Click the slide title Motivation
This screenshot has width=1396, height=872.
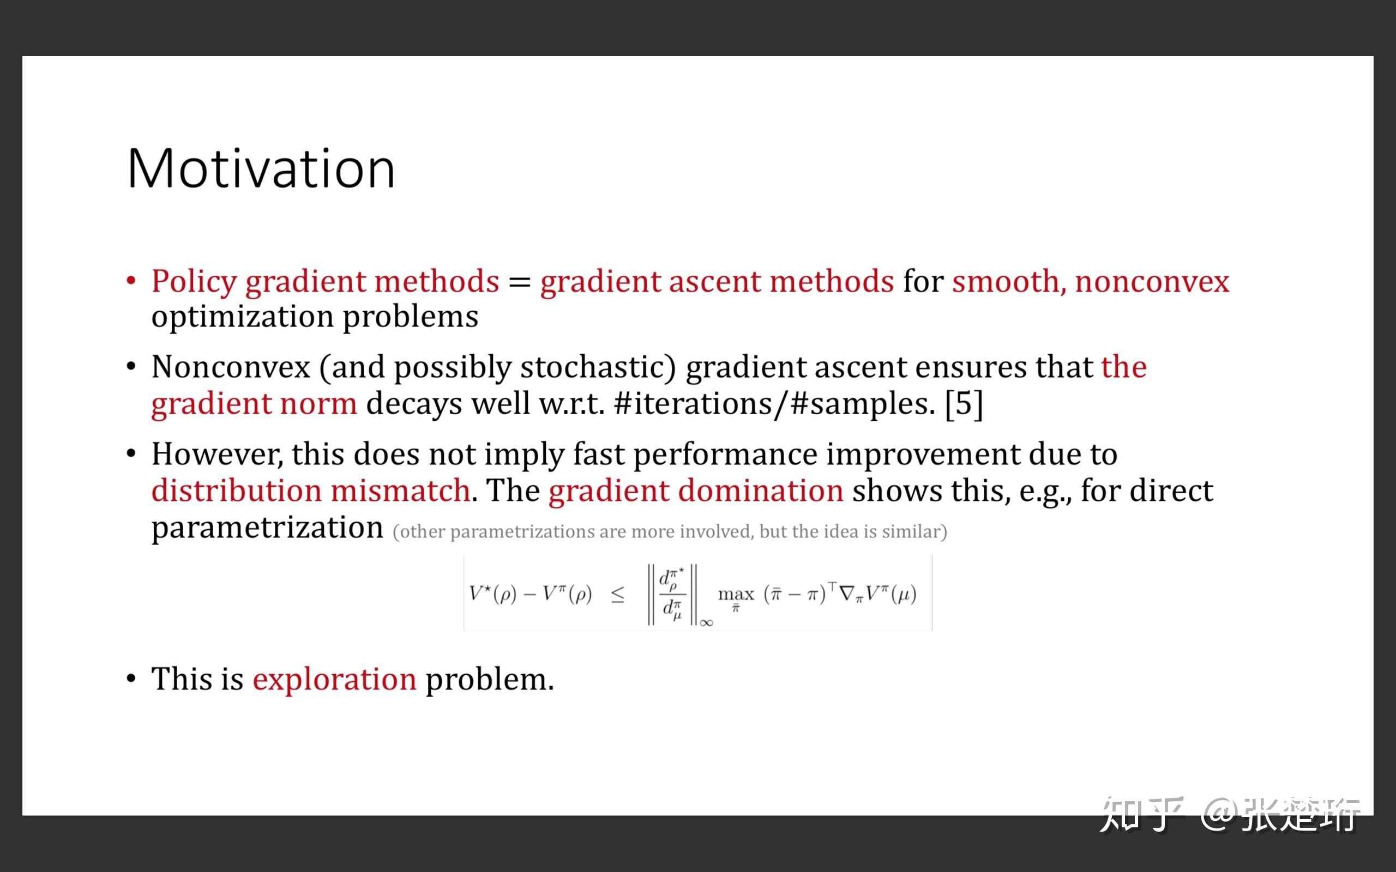(261, 168)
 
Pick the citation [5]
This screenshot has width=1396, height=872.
(964, 403)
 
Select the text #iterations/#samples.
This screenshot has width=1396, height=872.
(775, 403)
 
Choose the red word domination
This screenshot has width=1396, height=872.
(761, 492)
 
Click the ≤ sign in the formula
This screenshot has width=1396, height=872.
(617, 595)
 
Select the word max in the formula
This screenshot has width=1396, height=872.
(736, 594)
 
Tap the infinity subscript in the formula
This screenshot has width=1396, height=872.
(707, 622)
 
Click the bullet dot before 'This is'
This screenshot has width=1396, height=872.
(131, 680)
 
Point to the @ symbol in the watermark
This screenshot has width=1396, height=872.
(1220, 814)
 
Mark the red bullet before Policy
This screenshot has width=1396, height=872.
(131, 281)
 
